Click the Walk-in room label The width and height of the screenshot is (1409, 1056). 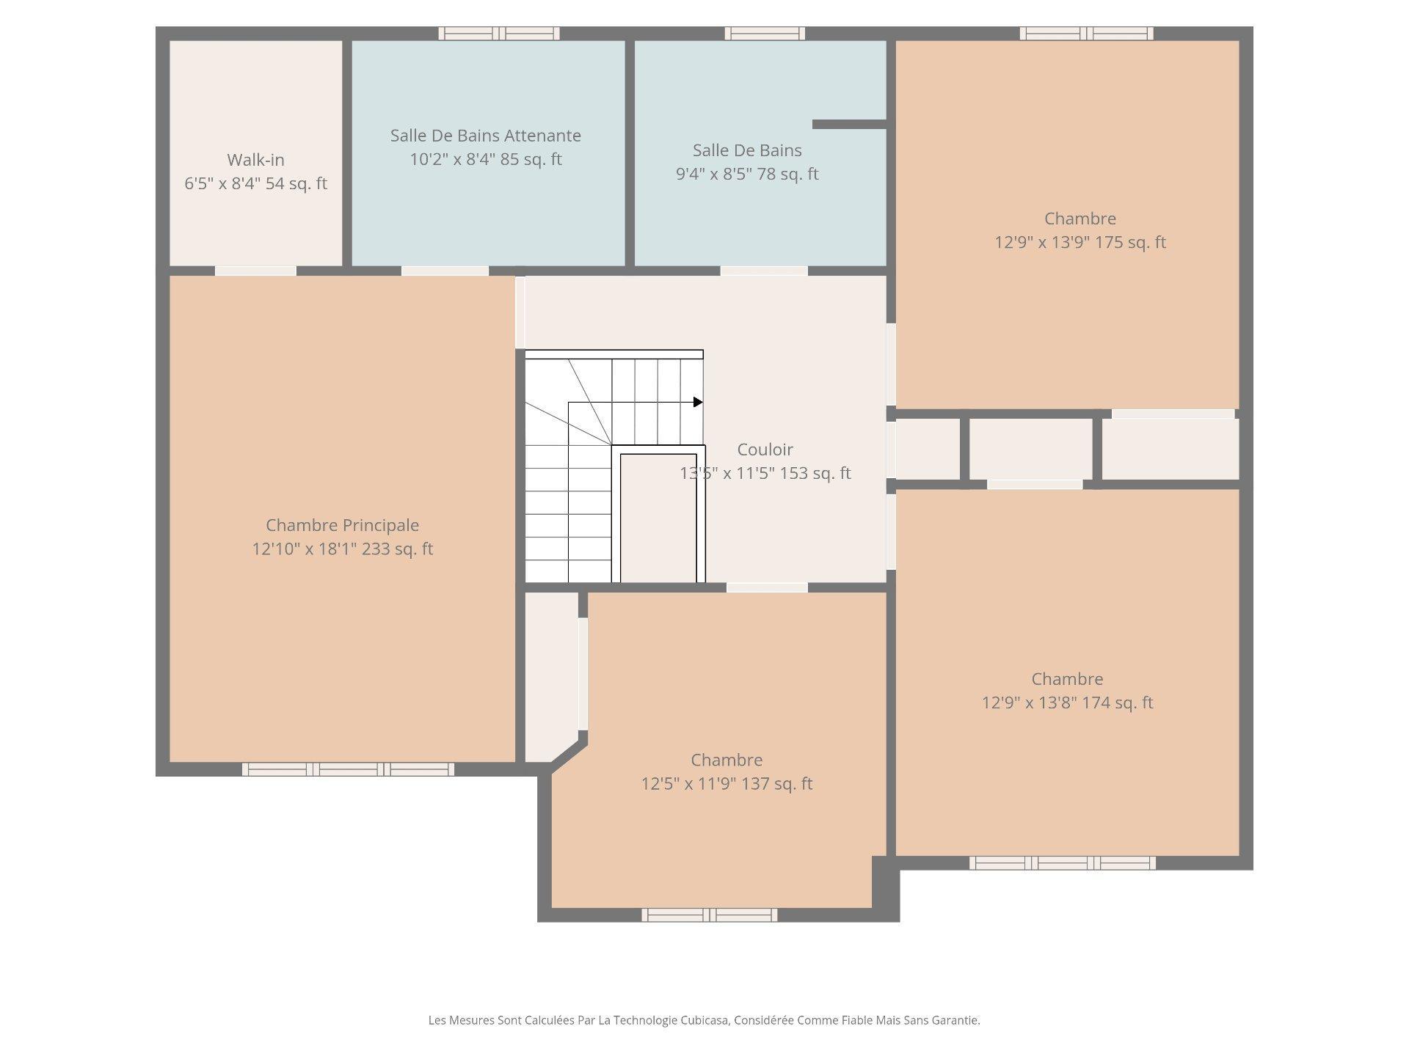point(255,160)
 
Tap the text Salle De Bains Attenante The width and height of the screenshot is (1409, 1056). point(485,136)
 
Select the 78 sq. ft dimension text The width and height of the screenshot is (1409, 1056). point(746,175)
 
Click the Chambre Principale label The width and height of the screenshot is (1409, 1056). point(342,525)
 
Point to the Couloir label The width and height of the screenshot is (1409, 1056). point(765,450)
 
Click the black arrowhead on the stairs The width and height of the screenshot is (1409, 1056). point(698,402)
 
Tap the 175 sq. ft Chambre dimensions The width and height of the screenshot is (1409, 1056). point(1079,243)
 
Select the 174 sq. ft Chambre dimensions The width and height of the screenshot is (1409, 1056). point(1067,703)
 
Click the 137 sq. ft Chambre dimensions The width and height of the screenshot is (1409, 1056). point(727,784)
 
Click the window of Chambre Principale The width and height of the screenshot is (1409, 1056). point(348,769)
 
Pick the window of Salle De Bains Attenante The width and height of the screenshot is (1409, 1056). point(499,33)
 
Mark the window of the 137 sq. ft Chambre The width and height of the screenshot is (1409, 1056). point(709,914)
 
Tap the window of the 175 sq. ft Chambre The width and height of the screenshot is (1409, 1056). point(1086,33)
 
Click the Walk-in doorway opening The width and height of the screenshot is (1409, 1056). point(255,271)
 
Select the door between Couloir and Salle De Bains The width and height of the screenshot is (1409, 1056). point(764,271)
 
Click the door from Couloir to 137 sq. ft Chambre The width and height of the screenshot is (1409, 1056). point(767,587)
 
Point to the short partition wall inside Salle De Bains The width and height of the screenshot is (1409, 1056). point(849,125)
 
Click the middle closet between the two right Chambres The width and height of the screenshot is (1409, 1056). point(1031,449)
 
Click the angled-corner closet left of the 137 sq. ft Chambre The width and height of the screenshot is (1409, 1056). point(551,675)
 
